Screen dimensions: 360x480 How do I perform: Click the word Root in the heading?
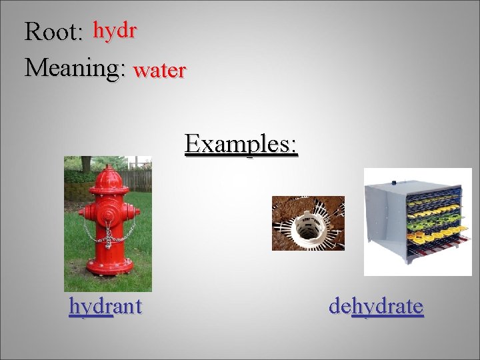(x=52, y=31)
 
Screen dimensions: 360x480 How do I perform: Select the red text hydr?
(x=115, y=30)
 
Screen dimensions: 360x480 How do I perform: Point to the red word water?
(x=159, y=70)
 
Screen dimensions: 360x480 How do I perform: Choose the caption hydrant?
(x=105, y=306)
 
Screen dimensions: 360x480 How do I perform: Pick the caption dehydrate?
(x=376, y=306)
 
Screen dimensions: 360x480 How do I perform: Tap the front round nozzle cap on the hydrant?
(x=109, y=214)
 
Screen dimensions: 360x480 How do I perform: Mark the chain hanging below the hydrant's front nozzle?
(x=108, y=235)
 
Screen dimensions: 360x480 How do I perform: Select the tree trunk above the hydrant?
(x=86, y=164)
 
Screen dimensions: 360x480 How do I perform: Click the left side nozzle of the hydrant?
(x=83, y=214)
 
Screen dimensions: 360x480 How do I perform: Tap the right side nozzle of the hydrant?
(x=134, y=213)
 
